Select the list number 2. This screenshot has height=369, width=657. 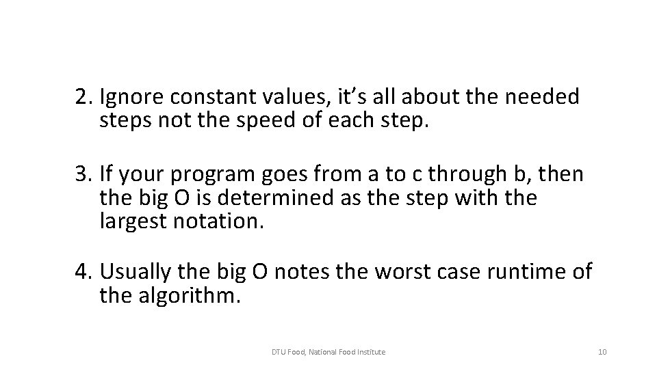[83, 98]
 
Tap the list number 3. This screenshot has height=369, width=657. [83, 176]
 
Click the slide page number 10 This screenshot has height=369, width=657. [602, 352]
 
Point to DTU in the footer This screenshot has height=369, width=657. [279, 352]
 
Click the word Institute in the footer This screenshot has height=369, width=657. [370, 352]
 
